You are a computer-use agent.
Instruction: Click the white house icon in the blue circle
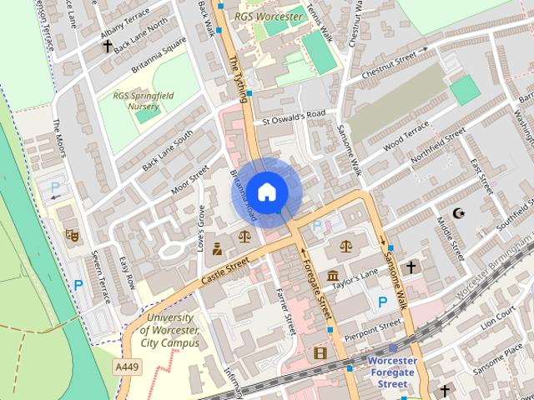pos(265,192)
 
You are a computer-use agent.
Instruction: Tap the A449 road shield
pos(127,367)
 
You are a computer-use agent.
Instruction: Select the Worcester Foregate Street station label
pos(390,372)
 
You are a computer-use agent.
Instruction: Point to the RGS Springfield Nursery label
pos(144,101)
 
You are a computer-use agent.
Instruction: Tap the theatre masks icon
pos(72,236)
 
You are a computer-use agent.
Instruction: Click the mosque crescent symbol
pos(458,213)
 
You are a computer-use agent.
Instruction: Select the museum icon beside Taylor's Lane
pos(333,276)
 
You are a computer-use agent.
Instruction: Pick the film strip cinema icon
pos(320,353)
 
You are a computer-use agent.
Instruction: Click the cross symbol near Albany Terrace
pos(107,46)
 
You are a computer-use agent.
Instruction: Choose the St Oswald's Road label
pos(293,117)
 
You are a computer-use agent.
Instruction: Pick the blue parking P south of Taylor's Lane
pos(382,302)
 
